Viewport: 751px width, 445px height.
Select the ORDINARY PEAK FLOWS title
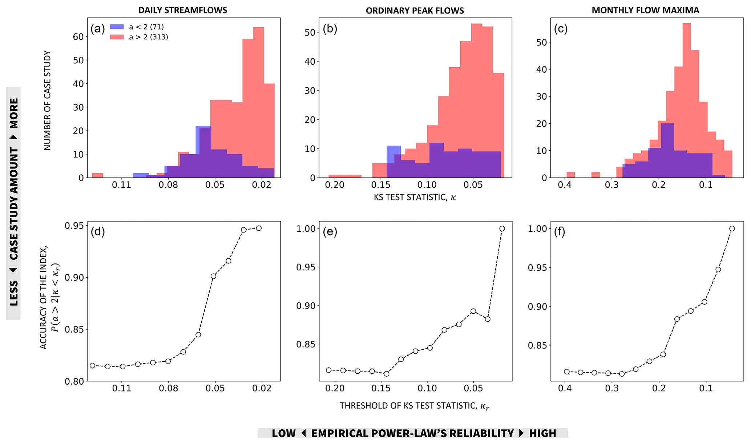click(x=415, y=11)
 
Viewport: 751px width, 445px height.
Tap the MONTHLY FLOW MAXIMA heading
click(x=645, y=10)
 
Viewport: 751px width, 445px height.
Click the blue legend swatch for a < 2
click(x=117, y=27)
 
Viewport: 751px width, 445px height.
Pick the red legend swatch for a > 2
click(x=117, y=37)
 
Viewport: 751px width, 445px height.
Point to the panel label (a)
click(x=98, y=28)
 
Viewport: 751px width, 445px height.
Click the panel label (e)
click(x=330, y=231)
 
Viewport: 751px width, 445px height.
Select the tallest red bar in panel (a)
click(x=258, y=102)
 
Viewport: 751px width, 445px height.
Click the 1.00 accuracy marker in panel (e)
click(x=502, y=229)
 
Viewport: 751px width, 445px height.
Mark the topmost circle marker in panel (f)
click(x=732, y=229)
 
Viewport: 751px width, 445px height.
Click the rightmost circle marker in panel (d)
click(x=259, y=228)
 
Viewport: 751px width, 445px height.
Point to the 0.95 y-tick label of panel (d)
click(x=74, y=226)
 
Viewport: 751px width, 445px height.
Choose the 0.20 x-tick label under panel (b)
click(x=334, y=185)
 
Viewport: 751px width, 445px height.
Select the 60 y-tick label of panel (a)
click(x=78, y=36)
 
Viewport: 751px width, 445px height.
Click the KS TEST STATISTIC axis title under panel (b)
click(x=415, y=197)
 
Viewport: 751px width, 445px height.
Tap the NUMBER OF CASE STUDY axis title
click(x=48, y=100)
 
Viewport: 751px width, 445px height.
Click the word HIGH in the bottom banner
click(x=542, y=433)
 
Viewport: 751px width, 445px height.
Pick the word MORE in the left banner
click(x=13, y=113)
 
